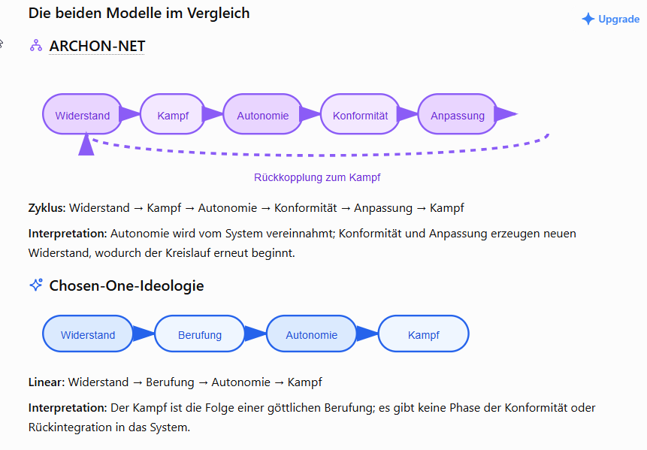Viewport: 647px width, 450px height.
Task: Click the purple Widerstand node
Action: coord(83,114)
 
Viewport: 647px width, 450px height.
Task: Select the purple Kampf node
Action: coord(173,114)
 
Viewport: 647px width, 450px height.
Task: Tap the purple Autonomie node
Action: coord(263,114)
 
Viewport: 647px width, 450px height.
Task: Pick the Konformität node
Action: coord(360,114)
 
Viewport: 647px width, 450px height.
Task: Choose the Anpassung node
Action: coord(458,114)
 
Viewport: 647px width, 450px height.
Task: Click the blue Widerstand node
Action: coord(88,334)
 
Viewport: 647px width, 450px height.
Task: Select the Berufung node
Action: coord(200,334)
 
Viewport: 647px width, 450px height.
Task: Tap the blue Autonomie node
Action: coord(312,334)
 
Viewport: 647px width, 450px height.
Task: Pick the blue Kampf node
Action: coord(423,334)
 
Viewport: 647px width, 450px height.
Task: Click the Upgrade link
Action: coord(611,19)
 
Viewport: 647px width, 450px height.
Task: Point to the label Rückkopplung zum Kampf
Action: coord(317,177)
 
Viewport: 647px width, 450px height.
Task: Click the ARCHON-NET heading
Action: coord(97,46)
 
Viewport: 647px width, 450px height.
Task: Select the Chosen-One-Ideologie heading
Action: coord(126,285)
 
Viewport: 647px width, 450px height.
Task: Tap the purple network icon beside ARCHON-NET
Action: coord(36,45)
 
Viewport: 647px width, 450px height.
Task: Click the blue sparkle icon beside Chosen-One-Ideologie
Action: coord(36,285)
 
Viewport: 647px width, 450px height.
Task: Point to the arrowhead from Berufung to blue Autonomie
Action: coord(255,334)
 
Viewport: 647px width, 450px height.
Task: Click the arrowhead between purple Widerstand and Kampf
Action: coord(129,114)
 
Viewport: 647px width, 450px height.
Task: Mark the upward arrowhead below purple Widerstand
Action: coord(86,144)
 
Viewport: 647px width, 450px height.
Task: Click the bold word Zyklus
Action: coord(47,208)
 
